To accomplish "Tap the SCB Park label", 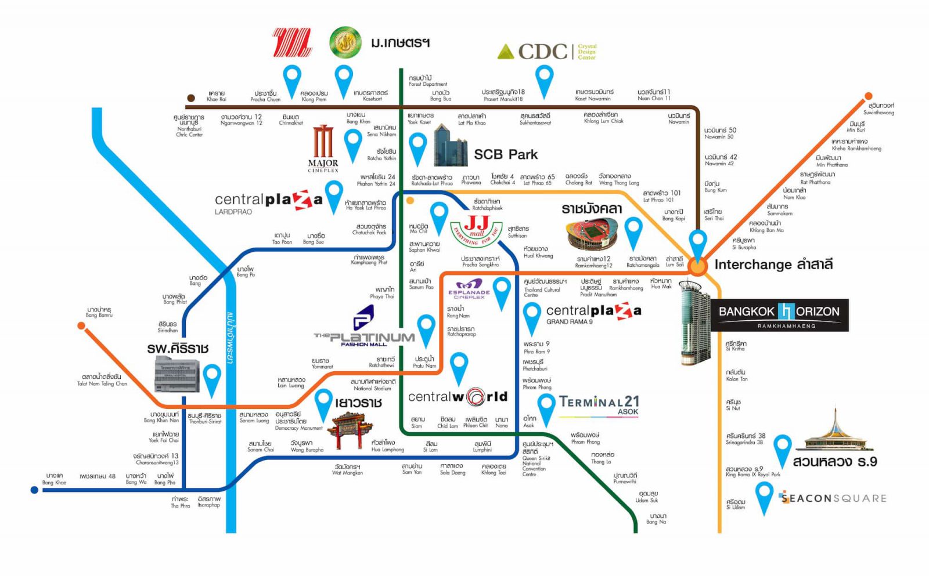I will click(505, 154).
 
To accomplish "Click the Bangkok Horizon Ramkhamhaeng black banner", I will click(779, 315).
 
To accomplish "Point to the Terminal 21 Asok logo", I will click(599, 405).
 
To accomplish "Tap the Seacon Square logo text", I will click(833, 498).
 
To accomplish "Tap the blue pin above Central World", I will click(459, 367).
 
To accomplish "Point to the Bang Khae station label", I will click(54, 479).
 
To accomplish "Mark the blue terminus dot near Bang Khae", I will click(34, 490).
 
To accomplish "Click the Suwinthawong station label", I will click(880, 108).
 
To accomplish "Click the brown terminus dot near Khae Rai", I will click(190, 99).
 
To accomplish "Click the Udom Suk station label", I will click(646, 497).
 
